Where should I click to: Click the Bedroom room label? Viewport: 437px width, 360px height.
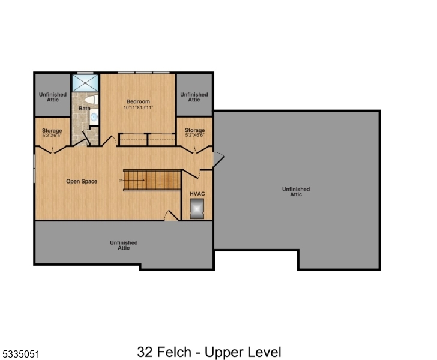pos(138,101)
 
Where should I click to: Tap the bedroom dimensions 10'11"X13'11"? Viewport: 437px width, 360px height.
pos(138,107)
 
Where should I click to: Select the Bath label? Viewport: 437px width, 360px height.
pos(84,109)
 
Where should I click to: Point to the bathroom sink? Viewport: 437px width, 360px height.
pos(94,118)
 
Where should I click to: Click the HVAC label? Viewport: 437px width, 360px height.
pos(197,194)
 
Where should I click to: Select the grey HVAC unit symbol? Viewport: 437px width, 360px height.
pos(197,208)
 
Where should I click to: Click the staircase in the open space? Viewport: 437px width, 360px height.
pos(152,180)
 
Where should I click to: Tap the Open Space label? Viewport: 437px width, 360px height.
pos(82,181)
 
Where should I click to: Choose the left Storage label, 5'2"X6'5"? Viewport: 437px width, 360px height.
pos(52,133)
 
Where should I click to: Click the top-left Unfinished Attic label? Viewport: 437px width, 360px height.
pos(53,97)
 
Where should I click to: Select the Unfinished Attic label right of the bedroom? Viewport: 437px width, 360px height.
pos(194,97)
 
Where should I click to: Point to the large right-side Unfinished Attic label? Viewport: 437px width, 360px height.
pos(296,191)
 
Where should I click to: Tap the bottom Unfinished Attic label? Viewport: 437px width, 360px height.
pos(124,245)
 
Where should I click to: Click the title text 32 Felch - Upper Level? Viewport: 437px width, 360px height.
pos(209,352)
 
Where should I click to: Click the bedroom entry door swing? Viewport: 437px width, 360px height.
pos(108,142)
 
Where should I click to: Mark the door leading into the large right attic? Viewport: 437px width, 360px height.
pos(218,159)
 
